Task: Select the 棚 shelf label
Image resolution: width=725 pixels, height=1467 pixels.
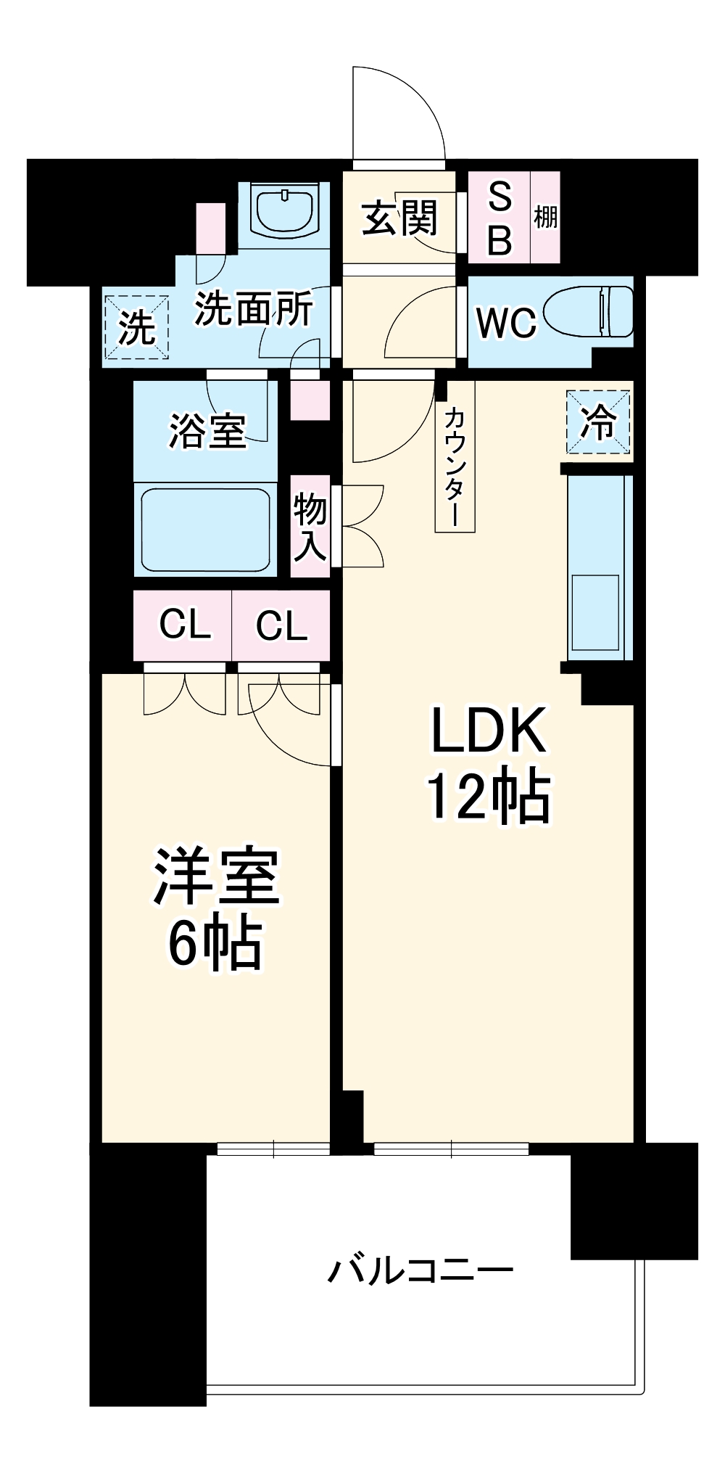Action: (x=545, y=217)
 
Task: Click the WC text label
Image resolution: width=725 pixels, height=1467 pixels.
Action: (x=506, y=323)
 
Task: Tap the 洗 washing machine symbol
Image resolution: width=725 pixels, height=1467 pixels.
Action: (x=137, y=327)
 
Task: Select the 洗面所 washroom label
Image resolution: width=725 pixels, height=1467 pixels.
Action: (x=254, y=310)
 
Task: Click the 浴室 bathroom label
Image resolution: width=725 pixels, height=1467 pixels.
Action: (x=207, y=430)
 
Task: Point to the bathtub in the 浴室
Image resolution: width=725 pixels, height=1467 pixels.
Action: (x=206, y=529)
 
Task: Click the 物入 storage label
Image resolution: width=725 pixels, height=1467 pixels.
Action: (x=310, y=527)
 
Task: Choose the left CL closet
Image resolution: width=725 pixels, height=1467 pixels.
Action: (x=183, y=624)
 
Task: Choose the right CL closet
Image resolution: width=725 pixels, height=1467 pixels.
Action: (x=281, y=624)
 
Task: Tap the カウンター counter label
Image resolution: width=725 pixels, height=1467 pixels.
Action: (x=454, y=464)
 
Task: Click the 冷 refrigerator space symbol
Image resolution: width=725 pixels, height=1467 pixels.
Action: (x=598, y=422)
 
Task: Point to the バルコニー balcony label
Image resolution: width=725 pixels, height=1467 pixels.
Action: (x=420, y=1270)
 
